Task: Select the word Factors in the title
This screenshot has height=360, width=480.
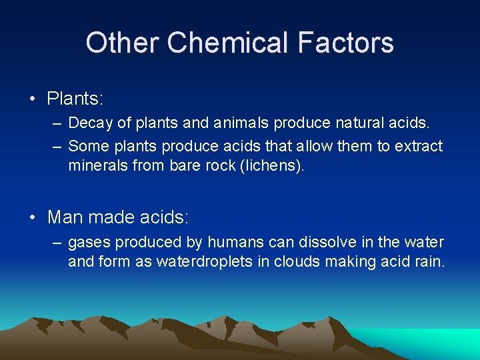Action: click(345, 43)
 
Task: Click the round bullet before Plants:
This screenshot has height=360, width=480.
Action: click(33, 100)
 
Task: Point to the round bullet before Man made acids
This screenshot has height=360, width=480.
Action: click(33, 217)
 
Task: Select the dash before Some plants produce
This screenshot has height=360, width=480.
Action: click(56, 146)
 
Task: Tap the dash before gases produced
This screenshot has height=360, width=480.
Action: click(56, 243)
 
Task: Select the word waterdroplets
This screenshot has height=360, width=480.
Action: click(205, 261)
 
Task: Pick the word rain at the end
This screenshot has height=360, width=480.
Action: click(428, 261)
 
